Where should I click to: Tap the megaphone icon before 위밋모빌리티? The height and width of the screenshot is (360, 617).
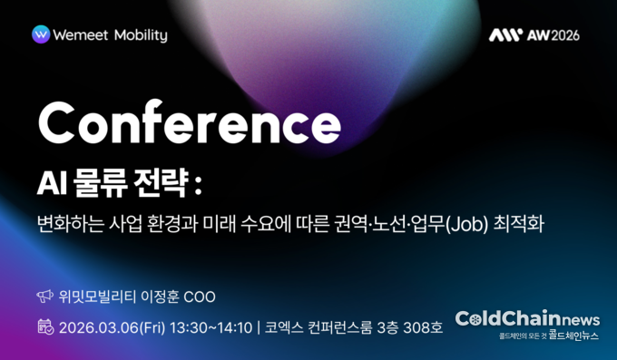[44, 297]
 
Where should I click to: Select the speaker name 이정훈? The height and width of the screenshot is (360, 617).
[160, 297]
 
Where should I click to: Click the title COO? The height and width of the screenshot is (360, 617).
[201, 297]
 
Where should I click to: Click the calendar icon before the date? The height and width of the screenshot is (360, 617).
[44, 326]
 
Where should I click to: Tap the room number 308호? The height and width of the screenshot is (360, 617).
[422, 326]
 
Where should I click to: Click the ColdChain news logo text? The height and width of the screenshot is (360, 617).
[527, 319]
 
